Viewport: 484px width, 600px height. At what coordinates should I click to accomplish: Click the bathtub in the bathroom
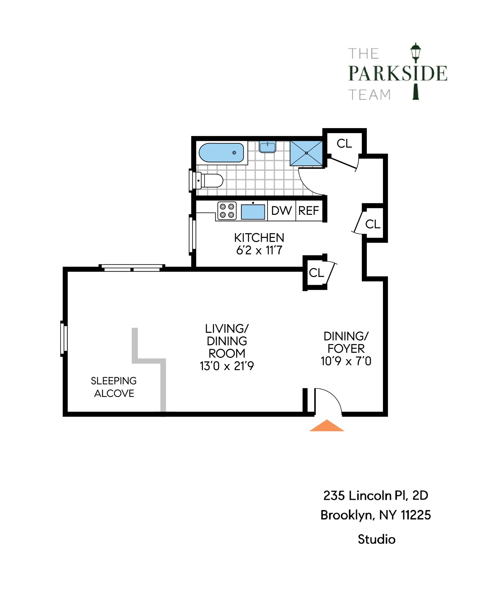(x=221, y=153)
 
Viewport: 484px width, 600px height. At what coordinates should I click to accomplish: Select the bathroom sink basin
(x=267, y=147)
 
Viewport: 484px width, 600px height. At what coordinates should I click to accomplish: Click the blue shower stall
(x=306, y=153)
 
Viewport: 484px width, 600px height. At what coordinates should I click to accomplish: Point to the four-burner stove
(x=227, y=211)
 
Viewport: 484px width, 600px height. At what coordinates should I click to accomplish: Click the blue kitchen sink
(x=253, y=212)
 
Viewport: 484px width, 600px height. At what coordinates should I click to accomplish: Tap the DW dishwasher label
(x=281, y=211)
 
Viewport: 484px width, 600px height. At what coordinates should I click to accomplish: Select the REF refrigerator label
(x=308, y=211)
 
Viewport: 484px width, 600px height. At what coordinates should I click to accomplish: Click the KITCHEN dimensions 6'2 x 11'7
(x=259, y=250)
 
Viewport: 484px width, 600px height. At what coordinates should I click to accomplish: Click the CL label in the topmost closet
(x=344, y=143)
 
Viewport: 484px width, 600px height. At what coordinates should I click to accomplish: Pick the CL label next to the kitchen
(x=316, y=273)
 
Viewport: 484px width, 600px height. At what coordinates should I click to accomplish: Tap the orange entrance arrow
(x=327, y=426)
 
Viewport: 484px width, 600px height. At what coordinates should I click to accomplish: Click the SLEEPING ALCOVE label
(x=114, y=387)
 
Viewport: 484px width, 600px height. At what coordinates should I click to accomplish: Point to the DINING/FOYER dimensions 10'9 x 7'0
(x=346, y=361)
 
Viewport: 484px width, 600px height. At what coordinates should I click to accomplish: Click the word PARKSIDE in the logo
(x=397, y=73)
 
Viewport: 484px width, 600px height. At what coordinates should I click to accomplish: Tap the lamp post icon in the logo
(x=415, y=71)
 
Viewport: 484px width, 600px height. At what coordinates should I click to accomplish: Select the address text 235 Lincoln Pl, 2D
(x=375, y=496)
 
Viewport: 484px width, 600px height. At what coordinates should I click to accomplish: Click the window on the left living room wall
(x=64, y=339)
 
